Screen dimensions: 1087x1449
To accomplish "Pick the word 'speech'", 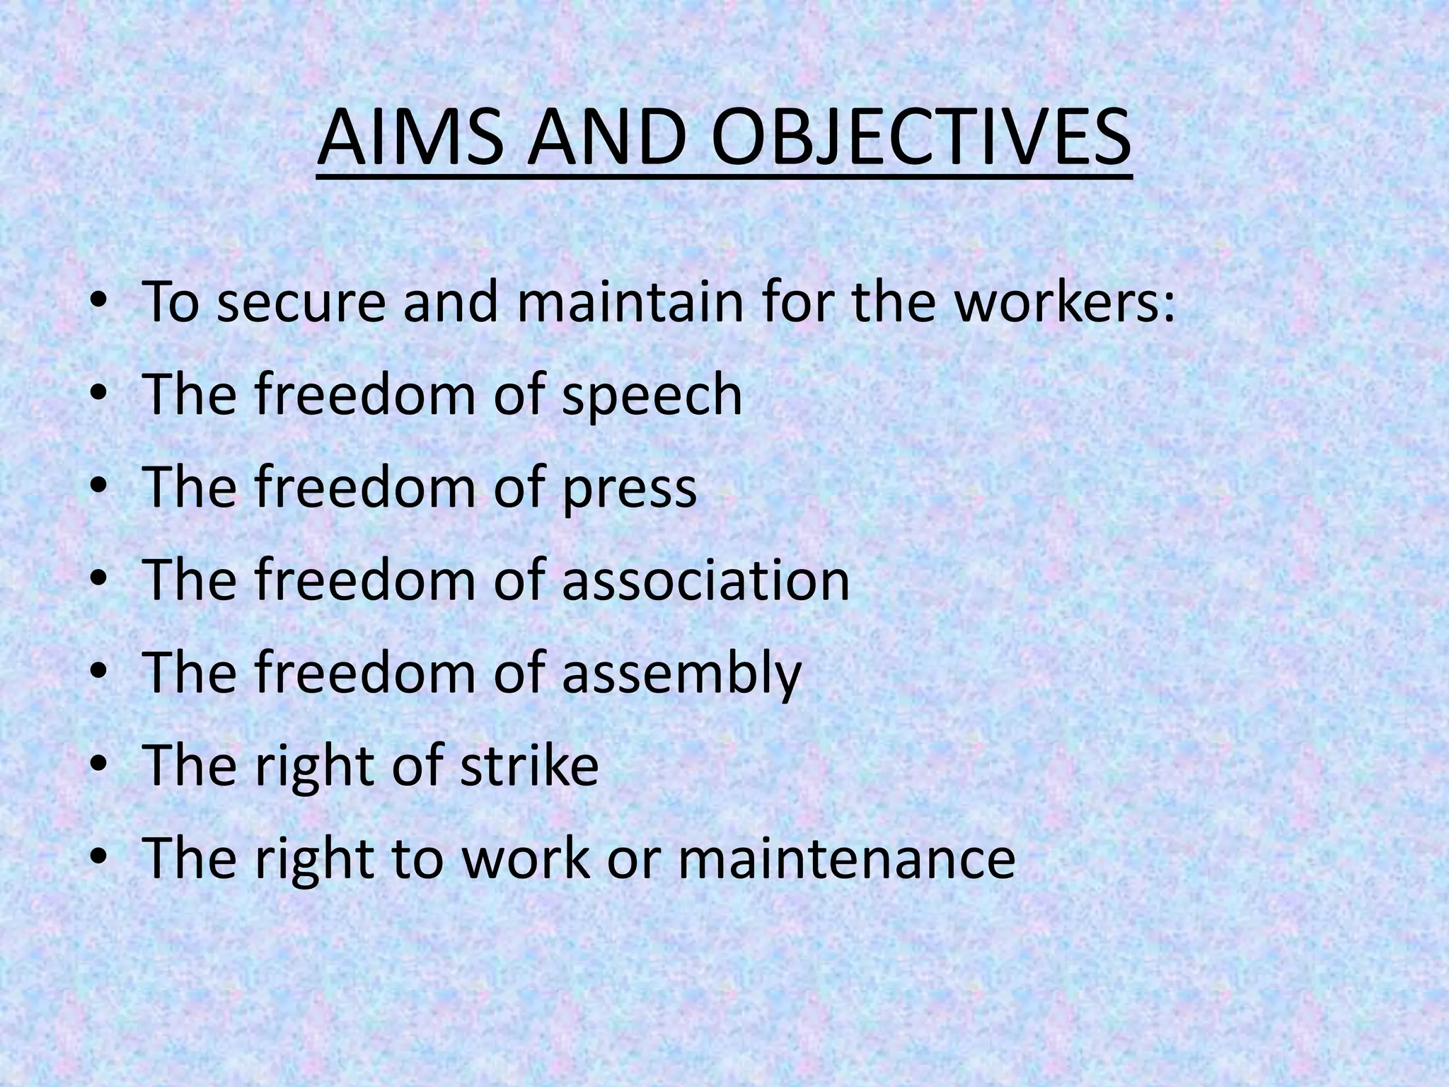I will (652, 396).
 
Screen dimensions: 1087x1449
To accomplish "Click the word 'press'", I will (629, 490).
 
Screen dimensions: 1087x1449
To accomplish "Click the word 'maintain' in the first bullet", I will (630, 302).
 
